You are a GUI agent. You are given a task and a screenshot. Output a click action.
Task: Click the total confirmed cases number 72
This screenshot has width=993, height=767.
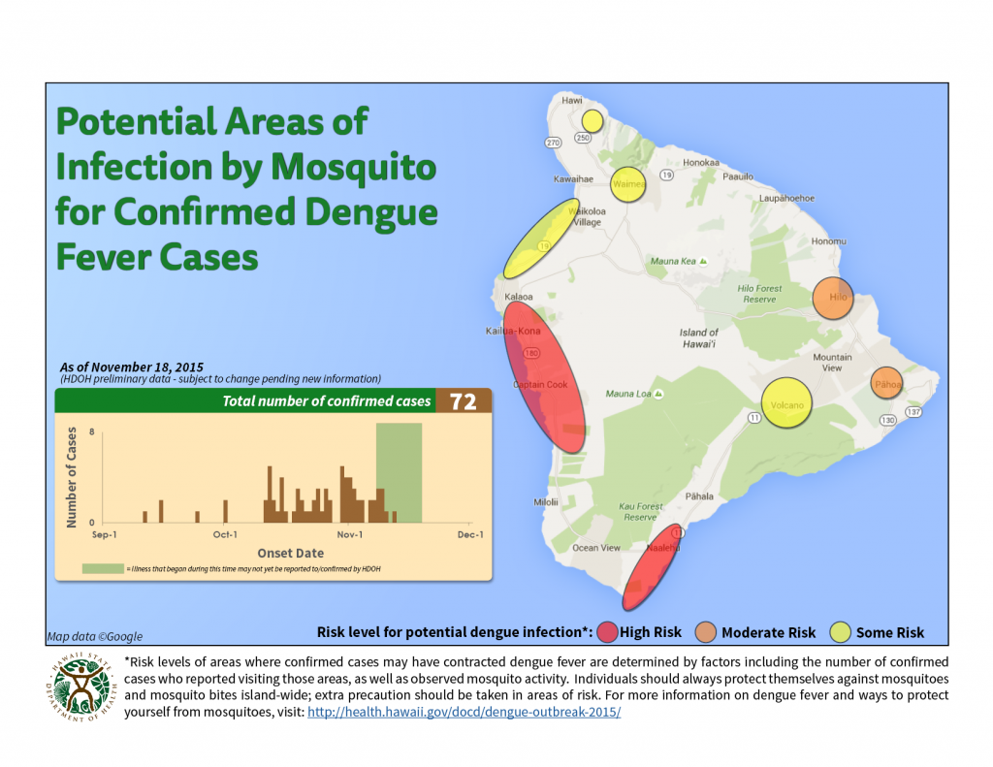point(464,401)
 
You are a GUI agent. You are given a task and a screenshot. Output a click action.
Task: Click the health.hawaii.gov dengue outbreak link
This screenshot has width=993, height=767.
point(464,712)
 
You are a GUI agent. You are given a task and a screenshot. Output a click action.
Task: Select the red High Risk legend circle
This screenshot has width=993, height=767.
point(608,632)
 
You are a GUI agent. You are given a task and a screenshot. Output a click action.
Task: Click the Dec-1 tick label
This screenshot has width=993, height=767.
point(469,534)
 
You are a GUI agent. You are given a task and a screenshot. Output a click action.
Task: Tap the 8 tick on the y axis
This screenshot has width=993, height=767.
point(91,432)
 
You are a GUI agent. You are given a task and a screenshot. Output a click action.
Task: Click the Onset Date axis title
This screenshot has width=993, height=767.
point(290,553)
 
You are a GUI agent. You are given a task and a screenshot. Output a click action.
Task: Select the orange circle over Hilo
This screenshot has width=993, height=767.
point(832,298)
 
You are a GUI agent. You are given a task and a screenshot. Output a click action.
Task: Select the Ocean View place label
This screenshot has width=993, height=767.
point(596,548)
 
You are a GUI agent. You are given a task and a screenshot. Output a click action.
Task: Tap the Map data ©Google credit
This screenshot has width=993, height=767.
point(95,636)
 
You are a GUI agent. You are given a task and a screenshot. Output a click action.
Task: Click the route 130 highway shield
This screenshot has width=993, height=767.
point(887,420)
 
